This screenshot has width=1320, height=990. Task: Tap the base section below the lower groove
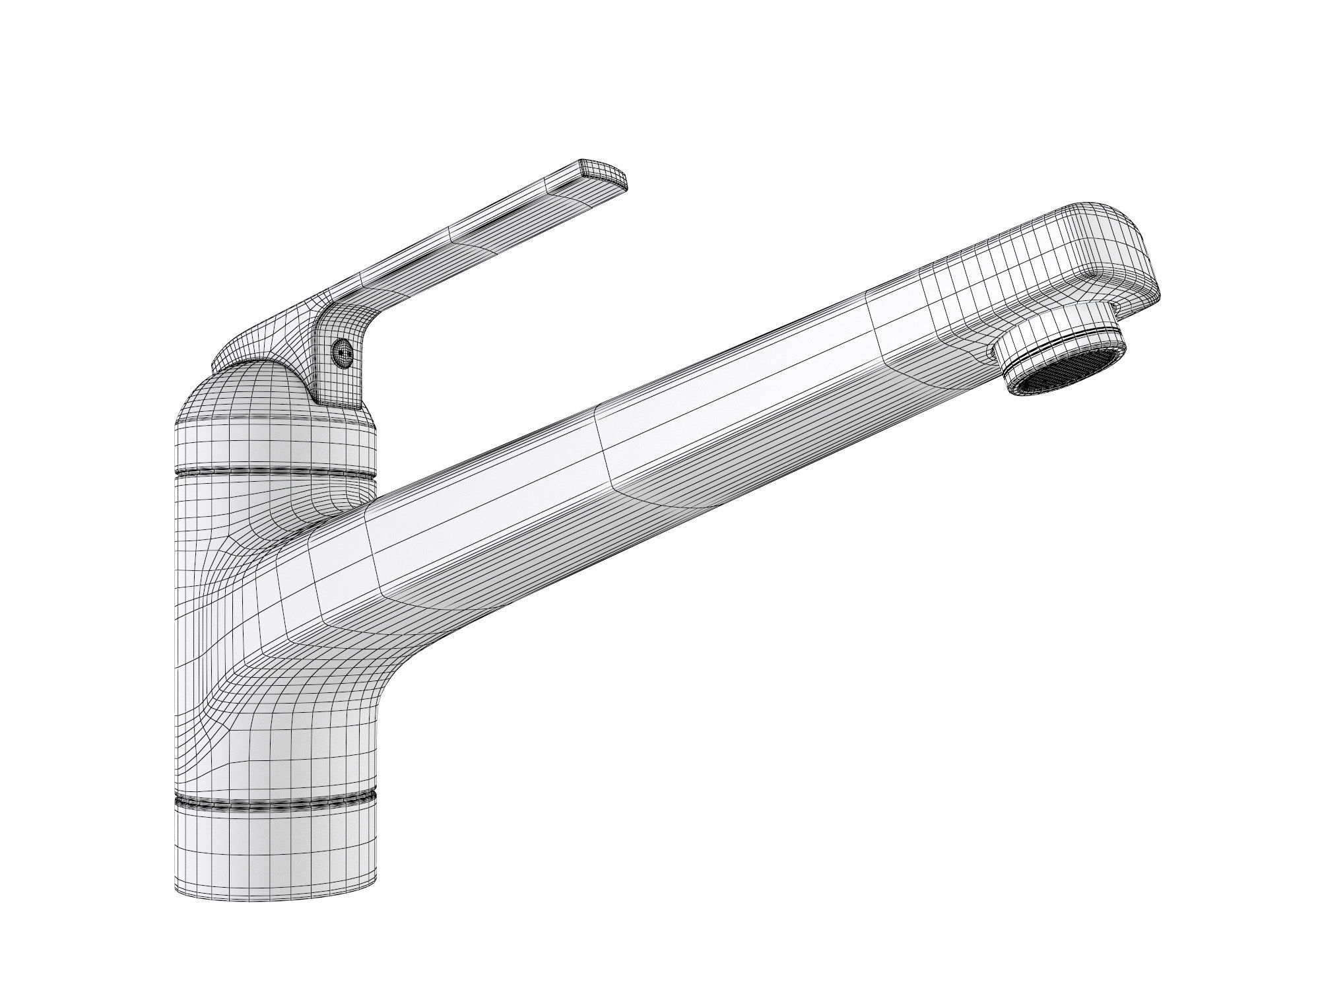pos(274,851)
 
